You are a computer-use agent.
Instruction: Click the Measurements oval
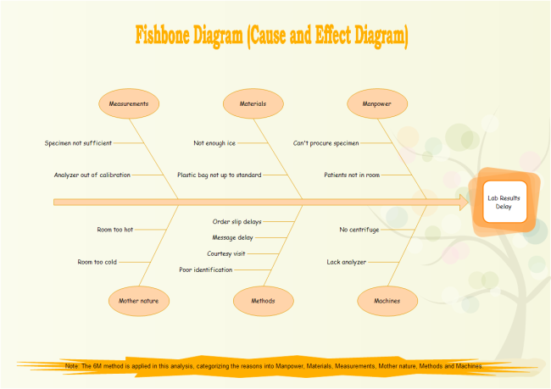(129, 104)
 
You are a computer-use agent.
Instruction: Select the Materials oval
(253, 104)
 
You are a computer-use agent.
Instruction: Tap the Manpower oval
(377, 104)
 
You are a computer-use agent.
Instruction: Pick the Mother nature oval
(139, 300)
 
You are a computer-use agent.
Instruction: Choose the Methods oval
(263, 300)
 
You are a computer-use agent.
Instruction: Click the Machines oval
(387, 300)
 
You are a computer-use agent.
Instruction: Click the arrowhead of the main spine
(464, 202)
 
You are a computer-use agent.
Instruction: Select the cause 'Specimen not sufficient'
(78, 143)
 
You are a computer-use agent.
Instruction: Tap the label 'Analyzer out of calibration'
(92, 175)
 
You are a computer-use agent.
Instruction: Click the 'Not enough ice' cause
(214, 143)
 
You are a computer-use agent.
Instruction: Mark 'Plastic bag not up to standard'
(219, 175)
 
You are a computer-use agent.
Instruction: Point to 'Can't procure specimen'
(326, 143)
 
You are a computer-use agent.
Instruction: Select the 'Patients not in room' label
(352, 175)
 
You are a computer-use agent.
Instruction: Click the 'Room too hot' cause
(115, 229)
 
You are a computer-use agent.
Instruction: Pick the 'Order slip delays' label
(237, 221)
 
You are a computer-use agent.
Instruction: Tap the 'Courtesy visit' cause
(227, 253)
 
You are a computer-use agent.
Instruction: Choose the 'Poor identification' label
(206, 270)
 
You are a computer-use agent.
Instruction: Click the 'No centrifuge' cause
(359, 229)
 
